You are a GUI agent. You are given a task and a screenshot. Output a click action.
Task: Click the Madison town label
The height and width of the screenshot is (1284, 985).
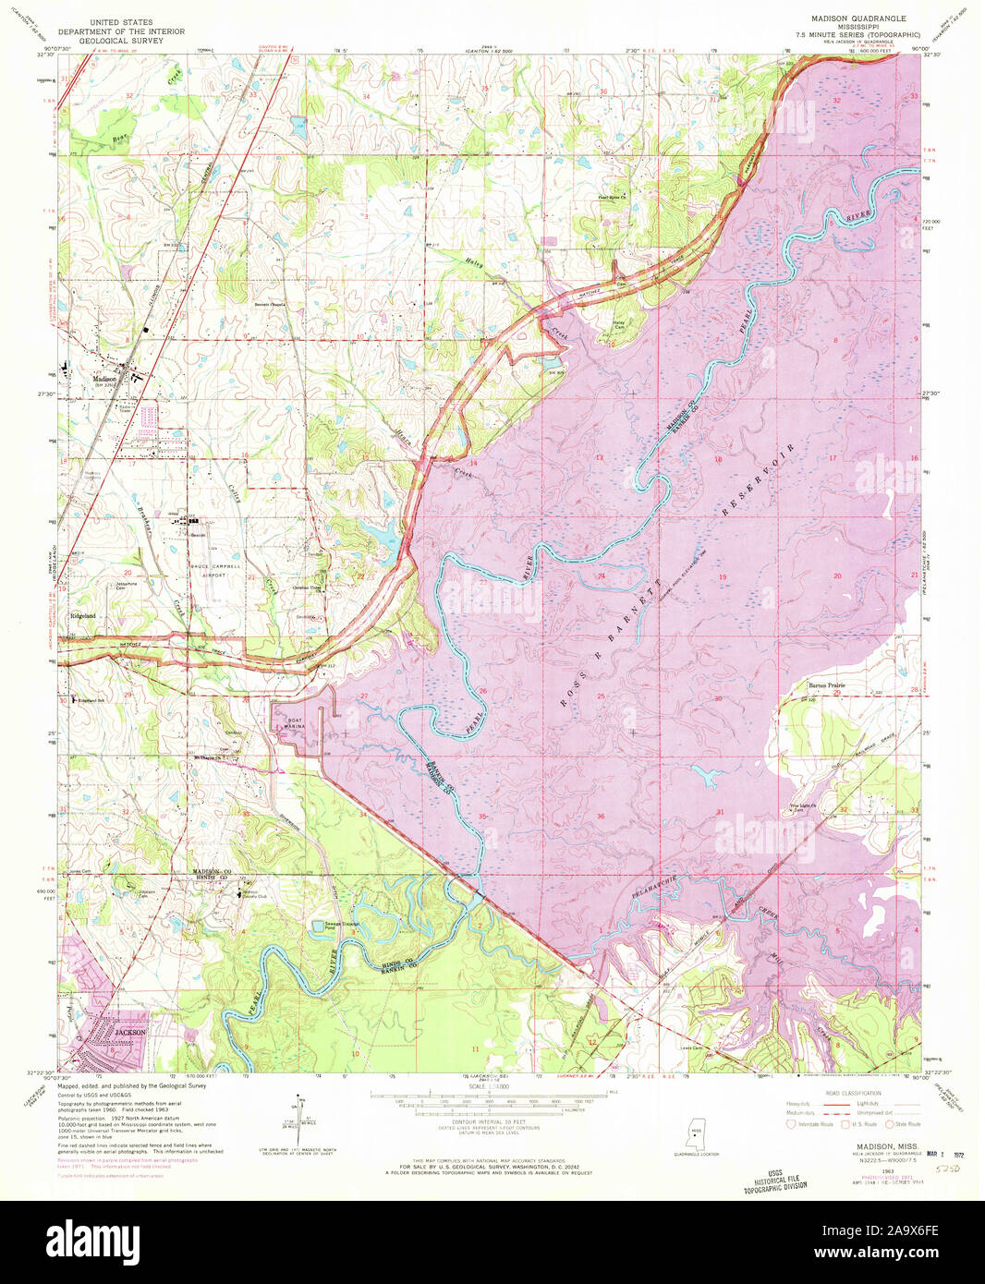click(103, 378)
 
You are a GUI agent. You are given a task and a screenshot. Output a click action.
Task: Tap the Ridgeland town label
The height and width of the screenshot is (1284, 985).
click(83, 615)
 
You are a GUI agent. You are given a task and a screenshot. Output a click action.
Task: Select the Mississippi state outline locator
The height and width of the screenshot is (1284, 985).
click(693, 1132)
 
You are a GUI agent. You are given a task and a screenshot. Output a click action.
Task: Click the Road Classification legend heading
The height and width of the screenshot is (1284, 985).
click(856, 1093)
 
